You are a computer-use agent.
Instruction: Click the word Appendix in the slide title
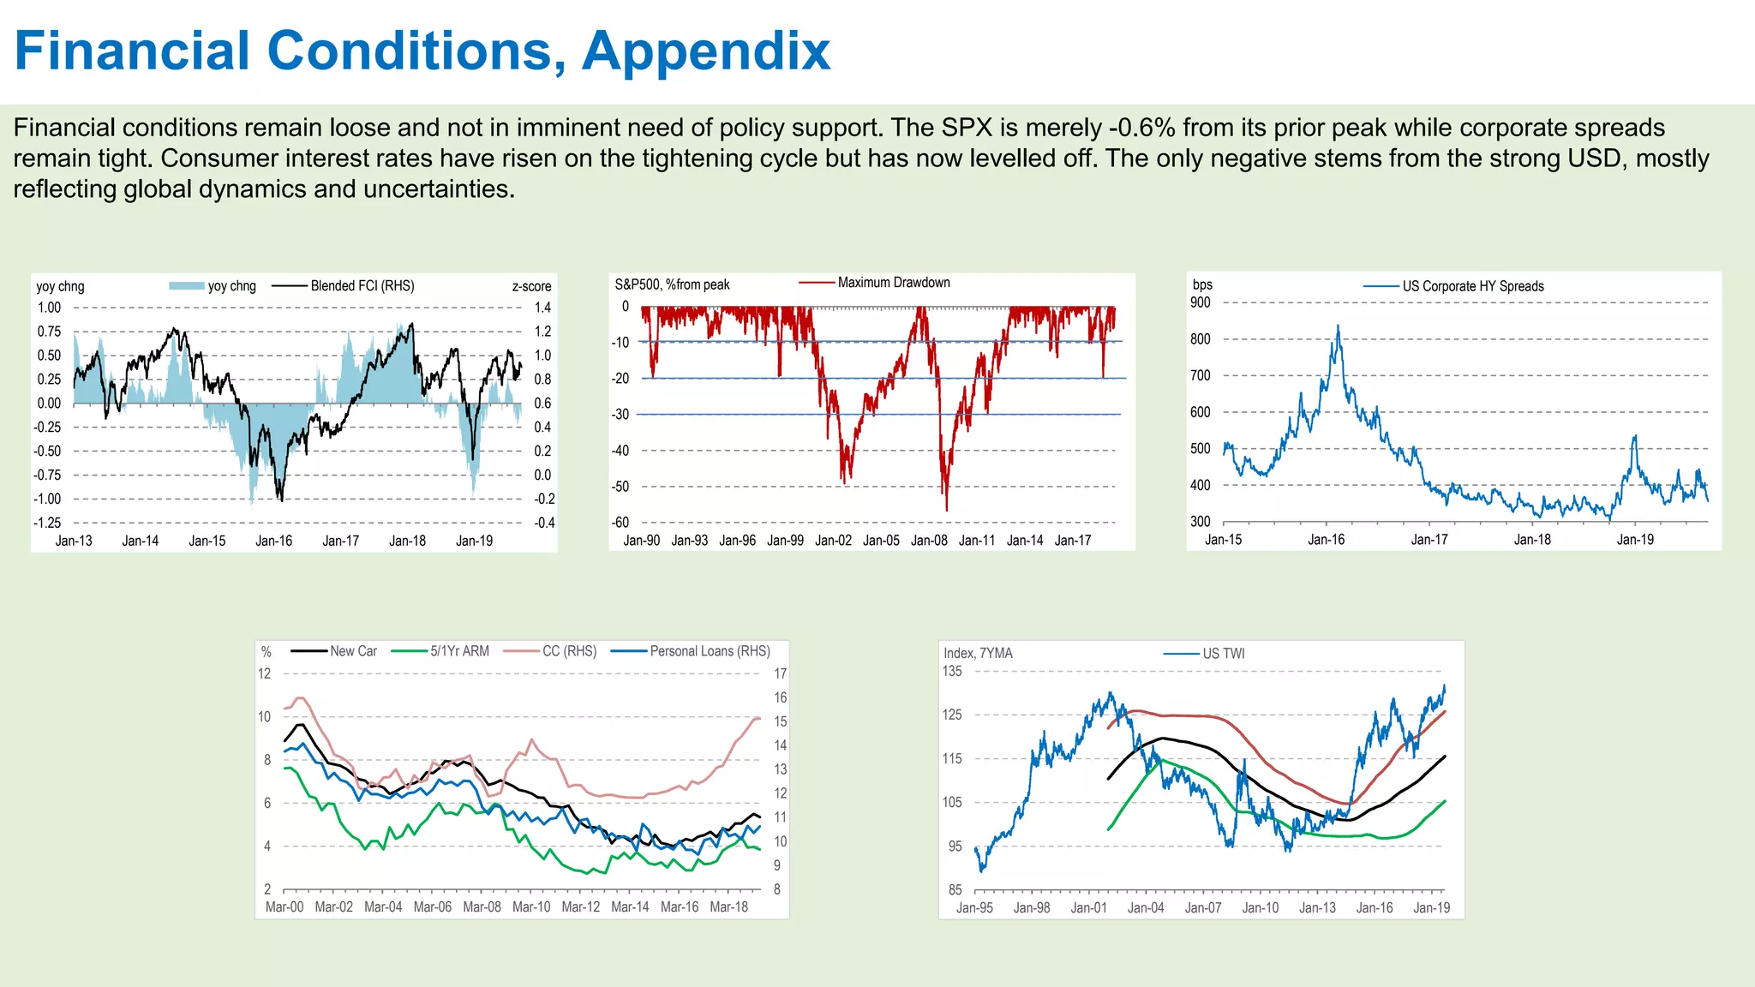pos(706,51)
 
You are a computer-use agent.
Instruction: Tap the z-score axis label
pos(531,286)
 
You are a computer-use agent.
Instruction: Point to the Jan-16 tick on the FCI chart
pos(273,541)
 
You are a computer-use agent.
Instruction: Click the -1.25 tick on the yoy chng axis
pos(47,523)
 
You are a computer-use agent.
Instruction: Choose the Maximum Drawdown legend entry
pos(893,283)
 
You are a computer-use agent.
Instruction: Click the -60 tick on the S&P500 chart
pos(620,523)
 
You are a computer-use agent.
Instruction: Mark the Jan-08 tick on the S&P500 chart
pos(929,541)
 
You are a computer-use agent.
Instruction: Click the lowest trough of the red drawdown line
pos(947,511)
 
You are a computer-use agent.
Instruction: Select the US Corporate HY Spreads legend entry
pos(1472,286)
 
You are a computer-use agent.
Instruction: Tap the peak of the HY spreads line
pos(1338,326)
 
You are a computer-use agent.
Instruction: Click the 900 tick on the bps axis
pos(1200,302)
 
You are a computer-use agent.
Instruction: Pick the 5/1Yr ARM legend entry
pos(459,651)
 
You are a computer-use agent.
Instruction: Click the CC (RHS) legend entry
pos(569,651)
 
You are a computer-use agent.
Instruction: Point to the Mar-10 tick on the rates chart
pos(531,906)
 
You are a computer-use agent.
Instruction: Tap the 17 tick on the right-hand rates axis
pos(780,673)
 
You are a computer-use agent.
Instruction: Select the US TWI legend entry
pos(1223,654)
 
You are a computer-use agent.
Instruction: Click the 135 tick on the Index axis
pos(952,672)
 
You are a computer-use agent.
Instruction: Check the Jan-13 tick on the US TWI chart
pos(1317,908)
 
